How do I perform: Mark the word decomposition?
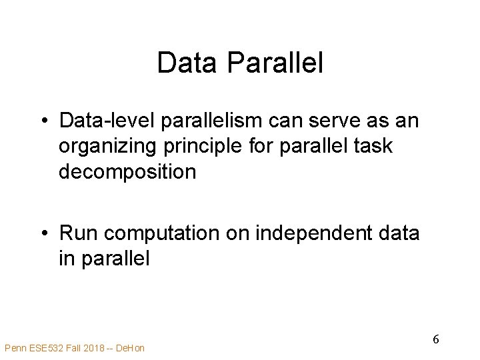point(127,171)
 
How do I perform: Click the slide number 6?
point(435,339)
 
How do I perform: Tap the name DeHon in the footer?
point(130,348)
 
